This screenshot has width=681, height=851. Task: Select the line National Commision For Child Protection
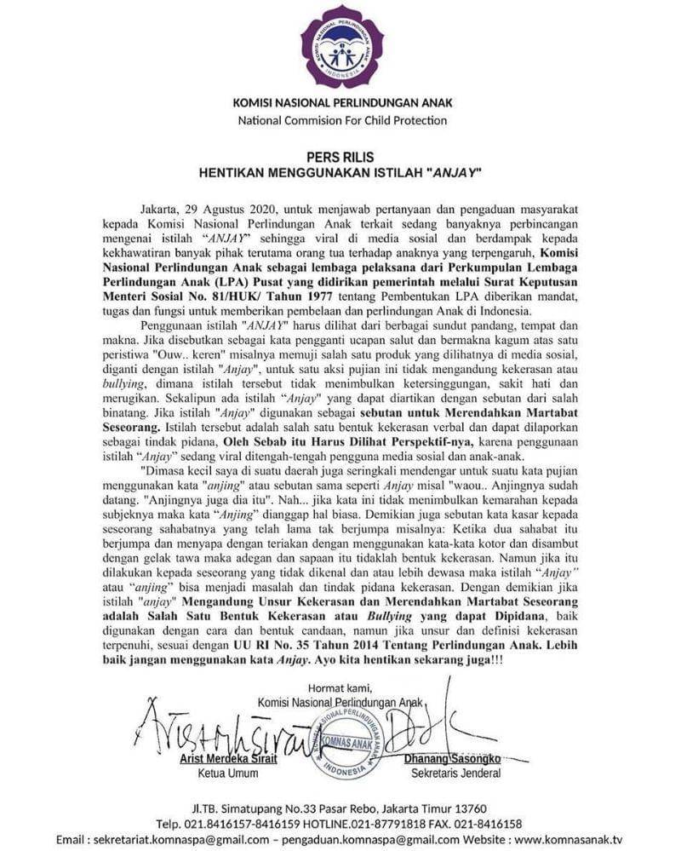(x=341, y=121)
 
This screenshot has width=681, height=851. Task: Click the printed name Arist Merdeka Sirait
(x=229, y=758)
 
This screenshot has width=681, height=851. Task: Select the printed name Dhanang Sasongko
(x=461, y=758)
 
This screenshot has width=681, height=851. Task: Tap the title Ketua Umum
(x=228, y=774)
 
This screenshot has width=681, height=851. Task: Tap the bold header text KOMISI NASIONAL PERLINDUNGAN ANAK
(x=341, y=103)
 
